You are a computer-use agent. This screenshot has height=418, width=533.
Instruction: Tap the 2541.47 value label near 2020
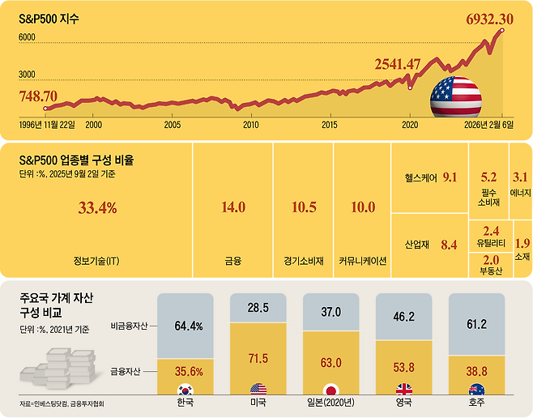pyautogui.click(x=408, y=64)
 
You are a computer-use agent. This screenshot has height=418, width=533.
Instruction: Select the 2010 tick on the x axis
pyautogui.click(x=251, y=126)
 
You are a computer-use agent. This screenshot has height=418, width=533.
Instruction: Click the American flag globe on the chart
pyautogui.click(x=455, y=99)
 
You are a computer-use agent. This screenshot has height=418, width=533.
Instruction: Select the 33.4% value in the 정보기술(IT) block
pyautogui.click(x=97, y=208)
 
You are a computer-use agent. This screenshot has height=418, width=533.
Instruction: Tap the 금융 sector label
pyautogui.click(x=233, y=262)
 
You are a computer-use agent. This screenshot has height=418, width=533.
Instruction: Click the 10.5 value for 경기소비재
pyautogui.click(x=303, y=208)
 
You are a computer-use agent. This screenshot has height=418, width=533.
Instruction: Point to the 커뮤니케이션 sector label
pyautogui.click(x=362, y=262)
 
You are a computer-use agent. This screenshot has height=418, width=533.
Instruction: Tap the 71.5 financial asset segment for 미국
pyautogui.click(x=258, y=357)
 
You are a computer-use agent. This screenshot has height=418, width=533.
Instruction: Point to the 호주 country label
pyautogui.click(x=475, y=402)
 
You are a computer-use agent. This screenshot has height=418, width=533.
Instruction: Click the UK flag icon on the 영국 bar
pyautogui.click(x=403, y=390)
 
